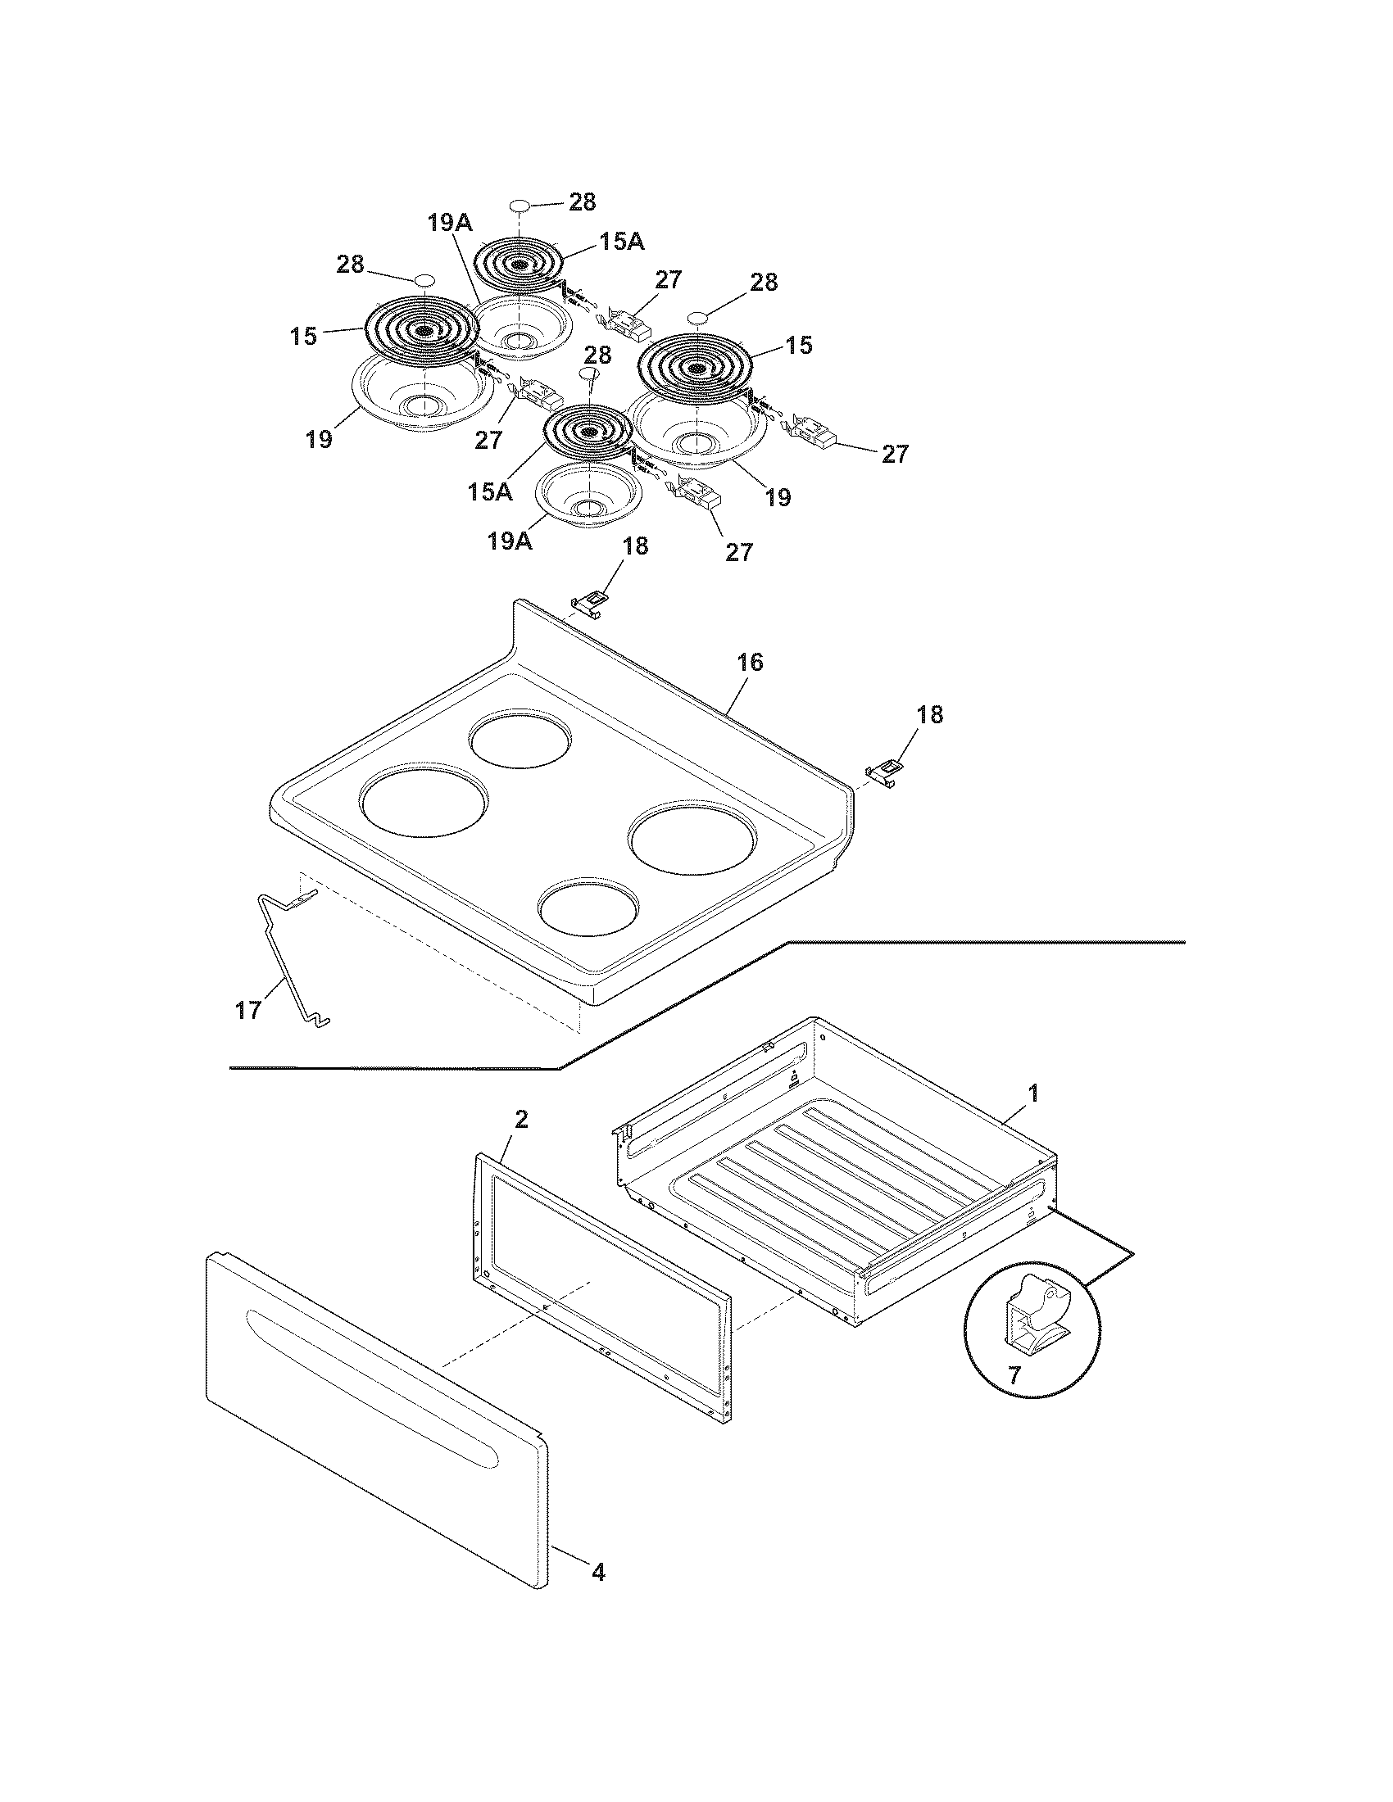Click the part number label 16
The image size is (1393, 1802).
[x=749, y=663]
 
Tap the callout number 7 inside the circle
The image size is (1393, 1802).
[x=1014, y=1375]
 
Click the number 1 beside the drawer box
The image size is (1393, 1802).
[x=1032, y=1095]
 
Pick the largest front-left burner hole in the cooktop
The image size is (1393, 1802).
[x=423, y=803]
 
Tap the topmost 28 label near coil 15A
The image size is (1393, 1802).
[x=583, y=202]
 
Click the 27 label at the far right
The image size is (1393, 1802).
[x=895, y=454]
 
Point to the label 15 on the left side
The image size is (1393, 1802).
[x=304, y=337]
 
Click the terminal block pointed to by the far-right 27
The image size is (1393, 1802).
[x=817, y=431]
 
